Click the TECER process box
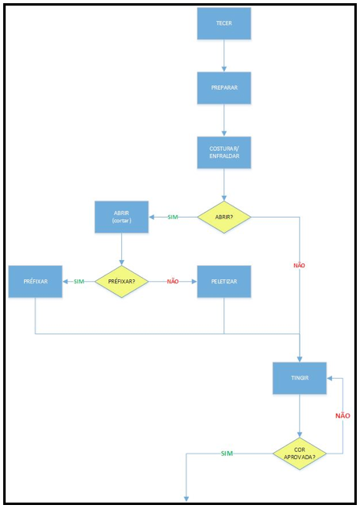pos(224,23)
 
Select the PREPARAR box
pos(224,88)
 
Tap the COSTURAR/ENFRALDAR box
pos(224,153)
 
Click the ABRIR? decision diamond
pos(224,217)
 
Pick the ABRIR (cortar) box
pos(121,217)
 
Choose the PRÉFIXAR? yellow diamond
pos(121,282)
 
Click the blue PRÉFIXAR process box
pos(35,282)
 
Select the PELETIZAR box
pos(224,282)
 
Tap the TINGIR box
pos(300,378)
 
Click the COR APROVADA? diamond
pos(300,454)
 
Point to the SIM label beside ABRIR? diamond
pos(173,218)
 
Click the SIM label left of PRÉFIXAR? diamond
pos(79,282)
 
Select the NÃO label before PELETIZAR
pos(173,282)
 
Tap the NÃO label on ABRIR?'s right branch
pos(299,265)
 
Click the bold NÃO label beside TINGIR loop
pos(343,416)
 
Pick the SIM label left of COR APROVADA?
pos(227,454)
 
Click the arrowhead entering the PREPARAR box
pos(224,69)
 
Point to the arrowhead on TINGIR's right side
pos(329,378)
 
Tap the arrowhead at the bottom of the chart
pos(186,499)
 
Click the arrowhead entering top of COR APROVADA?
pos(300,434)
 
